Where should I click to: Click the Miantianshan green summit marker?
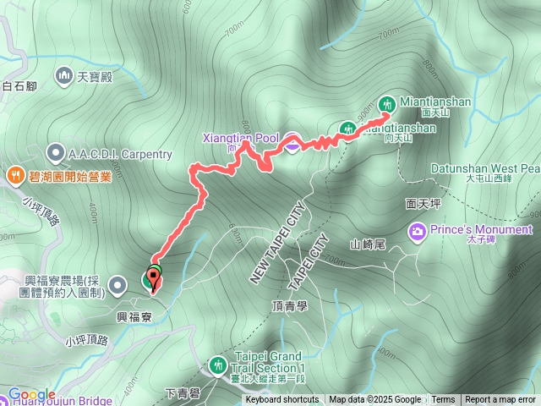point(387,103)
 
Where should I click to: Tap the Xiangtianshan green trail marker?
point(347,129)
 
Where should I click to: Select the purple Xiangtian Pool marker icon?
point(291,143)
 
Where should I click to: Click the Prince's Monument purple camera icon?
point(418,230)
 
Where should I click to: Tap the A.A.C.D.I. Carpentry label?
point(121,154)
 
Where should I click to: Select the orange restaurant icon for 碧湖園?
point(14,176)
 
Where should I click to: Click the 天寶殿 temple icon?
point(65,78)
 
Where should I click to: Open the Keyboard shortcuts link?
point(282,400)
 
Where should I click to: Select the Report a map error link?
point(500,400)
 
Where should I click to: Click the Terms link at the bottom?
point(443,400)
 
